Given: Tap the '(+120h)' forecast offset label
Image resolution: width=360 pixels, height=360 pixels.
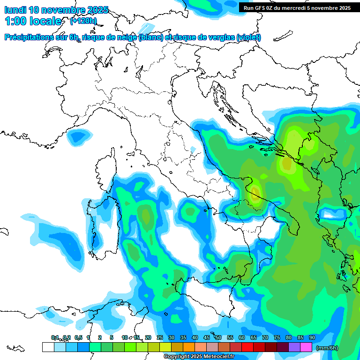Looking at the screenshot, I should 83,21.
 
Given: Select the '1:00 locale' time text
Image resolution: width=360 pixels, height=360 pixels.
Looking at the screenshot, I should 33,21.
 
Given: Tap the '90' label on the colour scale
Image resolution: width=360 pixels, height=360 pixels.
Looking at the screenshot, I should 312,337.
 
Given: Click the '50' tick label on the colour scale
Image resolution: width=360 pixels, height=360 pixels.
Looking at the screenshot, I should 218,337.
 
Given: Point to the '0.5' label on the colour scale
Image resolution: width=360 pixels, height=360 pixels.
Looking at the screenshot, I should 78,337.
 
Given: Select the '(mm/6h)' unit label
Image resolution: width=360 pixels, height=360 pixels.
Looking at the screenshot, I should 327,348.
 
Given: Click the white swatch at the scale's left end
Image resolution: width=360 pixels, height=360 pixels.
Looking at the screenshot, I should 48,347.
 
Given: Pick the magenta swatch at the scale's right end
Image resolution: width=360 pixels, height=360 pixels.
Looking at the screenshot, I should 306,347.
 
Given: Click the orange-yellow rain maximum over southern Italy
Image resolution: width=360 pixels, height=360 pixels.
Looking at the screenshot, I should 255,192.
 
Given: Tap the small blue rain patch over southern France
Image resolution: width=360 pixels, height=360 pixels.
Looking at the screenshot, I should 78,136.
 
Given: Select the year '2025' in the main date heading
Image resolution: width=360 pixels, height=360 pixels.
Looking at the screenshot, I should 98,10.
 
